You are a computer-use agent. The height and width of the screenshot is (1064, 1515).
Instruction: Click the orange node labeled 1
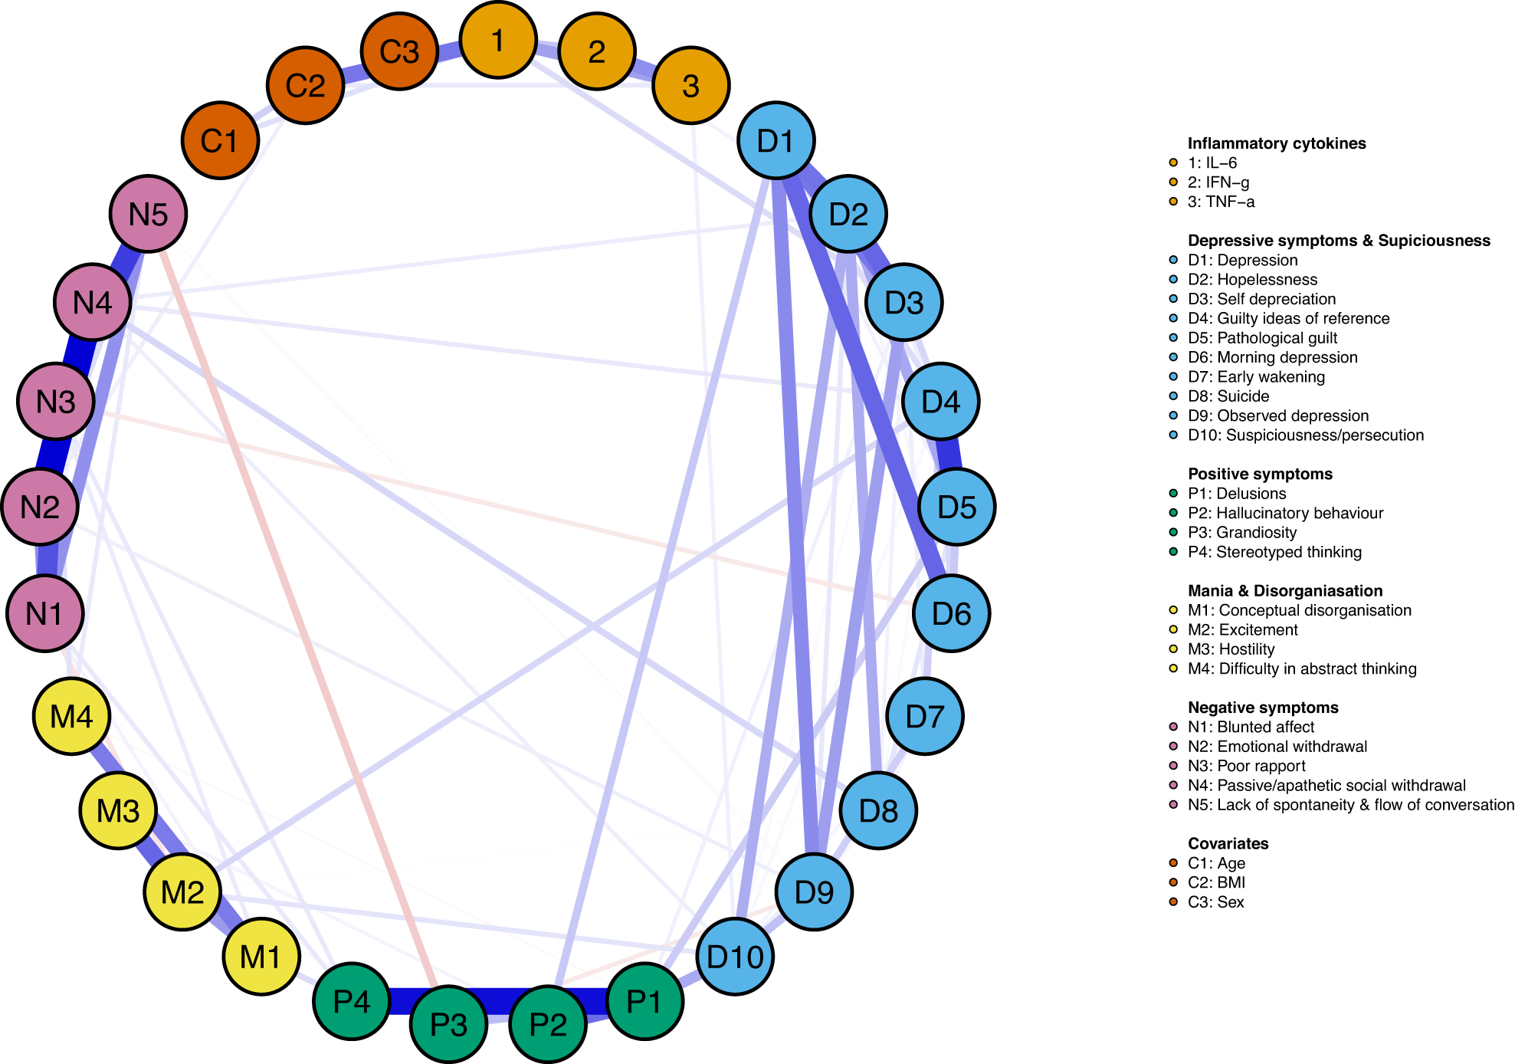(498, 40)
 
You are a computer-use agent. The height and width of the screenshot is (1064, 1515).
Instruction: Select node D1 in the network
(776, 141)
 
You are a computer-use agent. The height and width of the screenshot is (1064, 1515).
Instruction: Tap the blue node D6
(951, 613)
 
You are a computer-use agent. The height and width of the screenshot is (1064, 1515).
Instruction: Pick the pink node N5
(148, 214)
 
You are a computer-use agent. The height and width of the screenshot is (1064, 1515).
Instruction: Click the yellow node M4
(71, 717)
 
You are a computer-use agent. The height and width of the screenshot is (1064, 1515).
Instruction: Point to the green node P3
(448, 1024)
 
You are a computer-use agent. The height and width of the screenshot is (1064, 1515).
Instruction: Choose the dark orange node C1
(220, 141)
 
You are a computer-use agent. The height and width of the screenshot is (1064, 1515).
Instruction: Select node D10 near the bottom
(735, 957)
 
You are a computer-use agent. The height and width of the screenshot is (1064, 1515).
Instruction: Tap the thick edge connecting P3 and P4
(399, 1002)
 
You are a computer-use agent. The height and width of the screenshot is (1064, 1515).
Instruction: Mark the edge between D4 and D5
(949, 455)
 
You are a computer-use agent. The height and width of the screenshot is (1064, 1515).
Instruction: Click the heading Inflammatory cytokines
(1276, 143)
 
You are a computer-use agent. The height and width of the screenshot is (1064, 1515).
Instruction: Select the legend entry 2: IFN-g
(1218, 182)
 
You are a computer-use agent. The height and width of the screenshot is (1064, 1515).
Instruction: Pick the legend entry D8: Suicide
(1228, 396)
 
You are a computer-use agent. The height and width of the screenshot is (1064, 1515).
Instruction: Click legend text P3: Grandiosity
(1241, 533)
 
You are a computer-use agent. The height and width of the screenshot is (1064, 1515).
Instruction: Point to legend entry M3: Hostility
(1231, 649)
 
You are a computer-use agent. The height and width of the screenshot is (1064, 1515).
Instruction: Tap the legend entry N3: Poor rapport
(1246, 766)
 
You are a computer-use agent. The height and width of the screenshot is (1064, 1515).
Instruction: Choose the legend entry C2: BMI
(1216, 882)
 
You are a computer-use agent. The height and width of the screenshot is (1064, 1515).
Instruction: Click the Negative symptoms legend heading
(1263, 708)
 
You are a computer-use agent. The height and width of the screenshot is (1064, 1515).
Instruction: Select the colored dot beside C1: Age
(1173, 863)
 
